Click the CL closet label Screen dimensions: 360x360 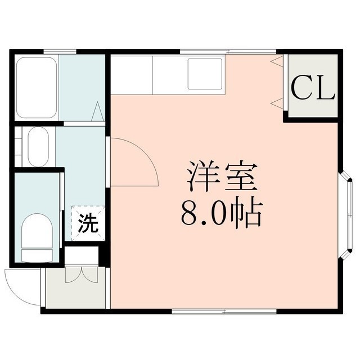[x=313, y=88]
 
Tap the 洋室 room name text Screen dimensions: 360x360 [x=221, y=177]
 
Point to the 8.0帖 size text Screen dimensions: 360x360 [x=221, y=214]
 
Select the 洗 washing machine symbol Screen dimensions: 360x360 [x=88, y=223]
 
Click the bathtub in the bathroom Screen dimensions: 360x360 [x=37, y=88]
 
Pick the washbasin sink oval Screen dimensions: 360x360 [x=38, y=146]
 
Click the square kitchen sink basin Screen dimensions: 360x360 [x=205, y=74]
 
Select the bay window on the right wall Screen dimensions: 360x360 [x=345, y=215]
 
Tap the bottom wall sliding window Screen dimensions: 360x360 [x=224, y=311]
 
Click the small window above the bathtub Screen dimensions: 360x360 [x=60, y=52]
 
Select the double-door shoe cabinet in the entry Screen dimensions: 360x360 [x=82, y=274]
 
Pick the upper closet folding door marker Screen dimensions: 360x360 [x=277, y=61]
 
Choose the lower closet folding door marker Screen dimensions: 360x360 [x=277, y=103]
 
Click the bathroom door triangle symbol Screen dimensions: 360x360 [x=98, y=111]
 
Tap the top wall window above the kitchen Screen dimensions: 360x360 [x=228, y=52]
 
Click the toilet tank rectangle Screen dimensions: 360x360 [x=37, y=255]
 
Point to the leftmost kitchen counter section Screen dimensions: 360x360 [x=132, y=75]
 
